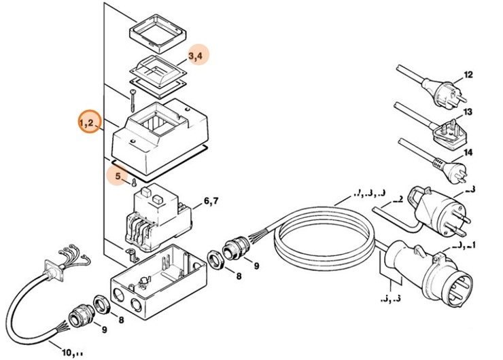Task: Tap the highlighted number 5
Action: coord(118,176)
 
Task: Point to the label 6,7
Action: coord(212,201)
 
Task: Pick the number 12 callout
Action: coord(467,75)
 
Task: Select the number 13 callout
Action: coord(467,112)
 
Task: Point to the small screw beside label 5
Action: coord(135,182)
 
